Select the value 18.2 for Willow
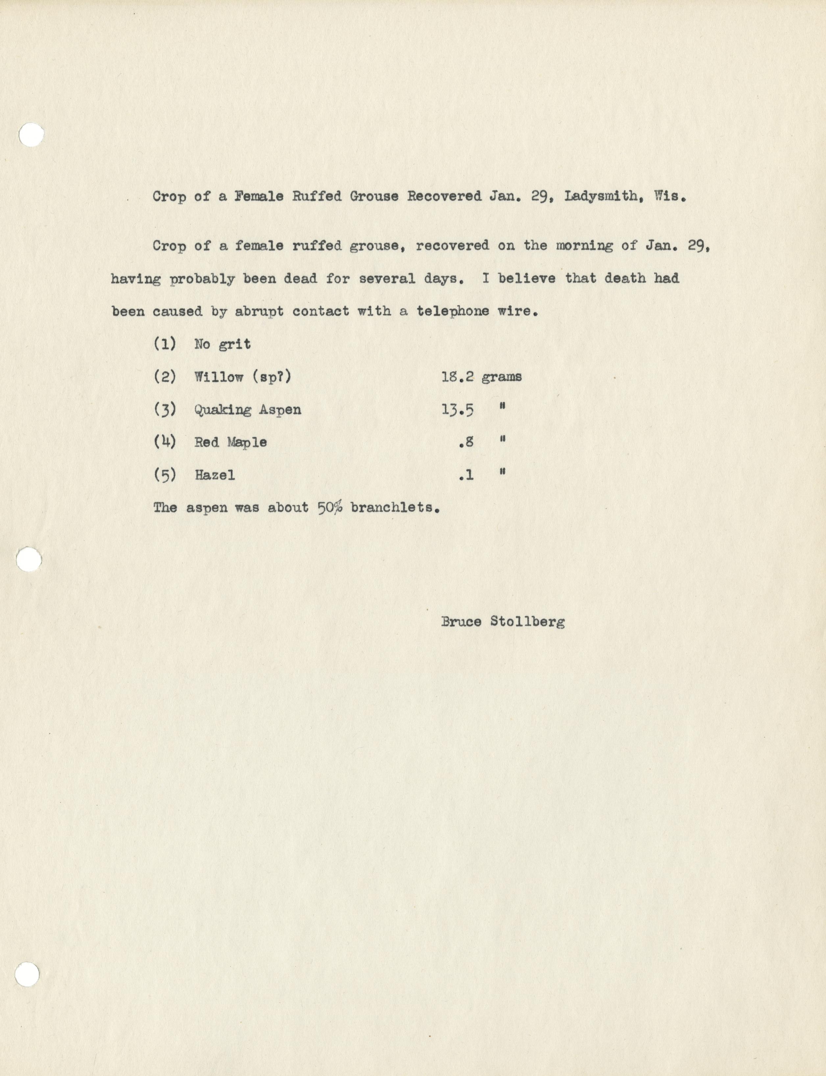pyautogui.click(x=457, y=377)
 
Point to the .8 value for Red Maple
pyautogui.click(x=466, y=442)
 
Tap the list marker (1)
pyautogui.click(x=165, y=344)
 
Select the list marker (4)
pyautogui.click(x=165, y=442)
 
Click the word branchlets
pyautogui.click(x=394, y=507)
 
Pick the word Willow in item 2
pyautogui.click(x=219, y=377)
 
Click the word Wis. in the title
pyautogui.click(x=670, y=197)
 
